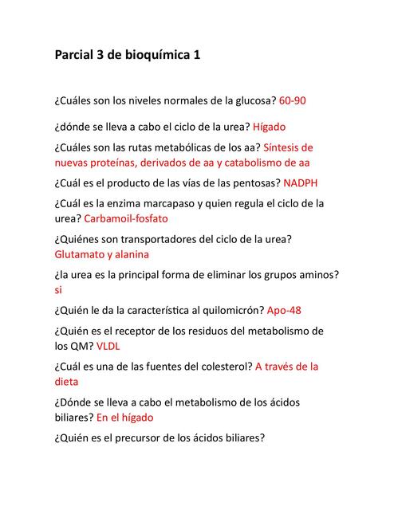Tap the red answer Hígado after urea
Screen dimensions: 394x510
pos(270,127)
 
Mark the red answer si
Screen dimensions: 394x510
pos(59,290)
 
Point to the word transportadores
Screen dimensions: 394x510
pos(166,239)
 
